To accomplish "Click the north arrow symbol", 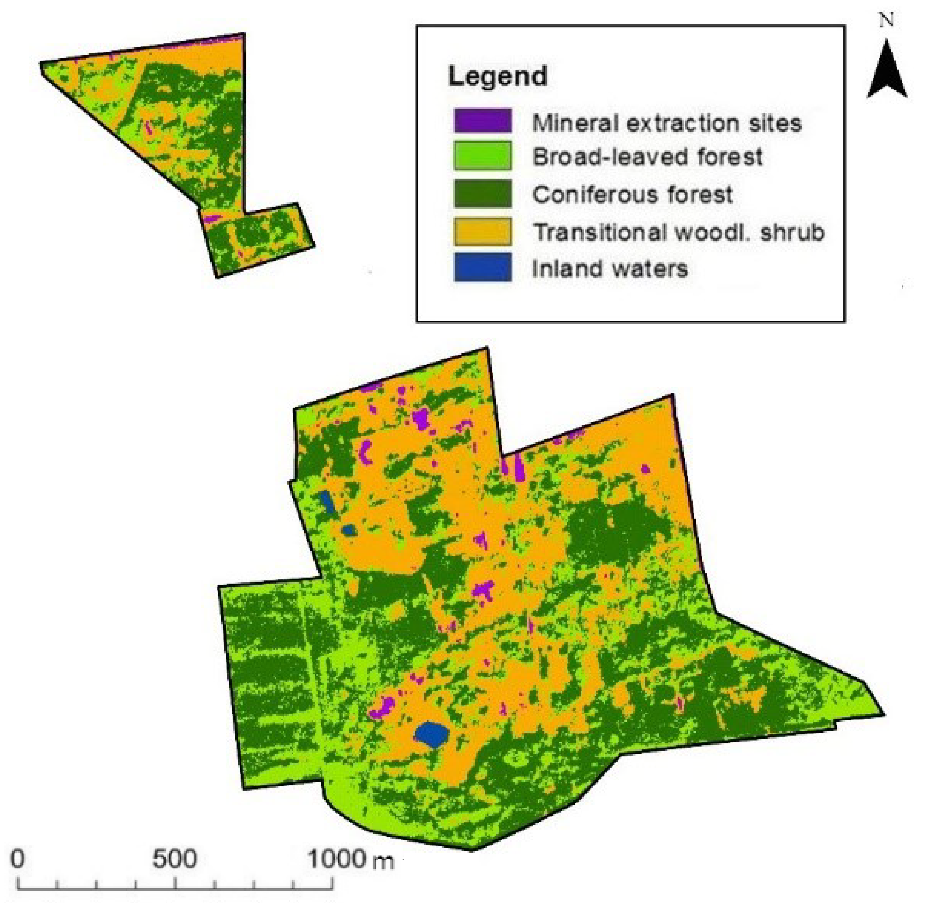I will click(887, 71).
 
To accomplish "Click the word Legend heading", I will click(497, 76).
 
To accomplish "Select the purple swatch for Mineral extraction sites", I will click(483, 120).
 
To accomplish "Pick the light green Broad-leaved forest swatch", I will click(483, 155).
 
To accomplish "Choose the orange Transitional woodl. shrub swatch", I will click(483, 231).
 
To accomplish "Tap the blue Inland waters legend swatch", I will click(483, 267).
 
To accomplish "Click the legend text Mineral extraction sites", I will click(666, 123).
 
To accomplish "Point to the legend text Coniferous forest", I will click(632, 195).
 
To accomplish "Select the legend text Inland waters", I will click(610, 269).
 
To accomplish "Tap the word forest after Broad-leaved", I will click(729, 157).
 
